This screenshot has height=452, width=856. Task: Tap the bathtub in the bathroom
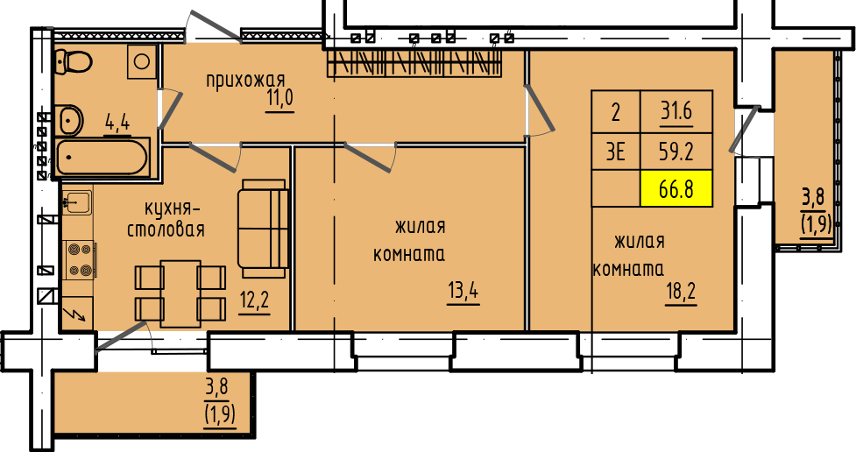(x=103, y=158)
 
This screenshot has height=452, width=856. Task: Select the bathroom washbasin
(x=70, y=119)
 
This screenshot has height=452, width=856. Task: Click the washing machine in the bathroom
(x=143, y=61)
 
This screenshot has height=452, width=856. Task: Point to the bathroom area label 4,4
(x=117, y=123)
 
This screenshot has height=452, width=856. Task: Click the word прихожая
(x=245, y=81)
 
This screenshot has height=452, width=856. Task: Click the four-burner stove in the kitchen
(x=79, y=260)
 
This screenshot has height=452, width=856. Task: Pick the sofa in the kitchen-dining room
(x=263, y=228)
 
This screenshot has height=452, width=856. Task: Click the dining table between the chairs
(x=180, y=293)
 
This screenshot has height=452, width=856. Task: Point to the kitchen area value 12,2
(x=254, y=300)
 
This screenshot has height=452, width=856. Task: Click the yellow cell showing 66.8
(x=676, y=189)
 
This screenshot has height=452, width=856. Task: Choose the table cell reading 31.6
(x=676, y=112)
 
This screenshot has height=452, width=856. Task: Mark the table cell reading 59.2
(x=676, y=152)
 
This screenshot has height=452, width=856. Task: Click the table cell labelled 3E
(x=616, y=152)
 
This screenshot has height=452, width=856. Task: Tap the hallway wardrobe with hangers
(x=414, y=63)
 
